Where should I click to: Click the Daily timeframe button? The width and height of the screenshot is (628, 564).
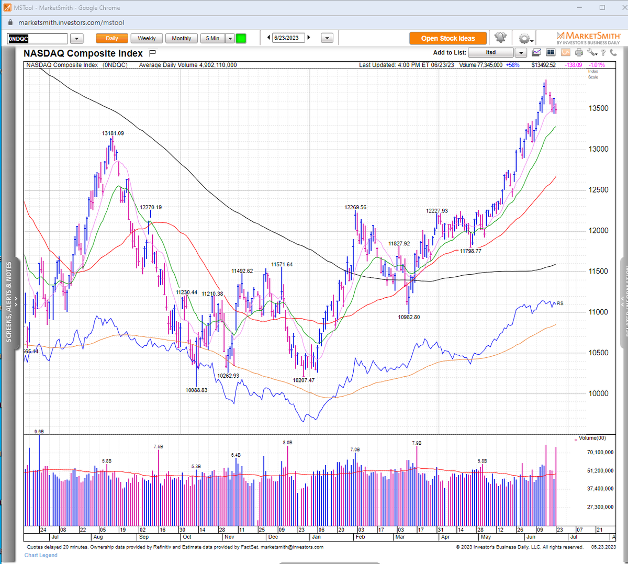click(x=112, y=38)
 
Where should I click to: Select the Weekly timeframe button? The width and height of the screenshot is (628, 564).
click(x=147, y=38)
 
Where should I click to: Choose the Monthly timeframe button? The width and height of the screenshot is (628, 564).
click(x=181, y=38)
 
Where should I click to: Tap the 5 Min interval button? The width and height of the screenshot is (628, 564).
click(x=212, y=38)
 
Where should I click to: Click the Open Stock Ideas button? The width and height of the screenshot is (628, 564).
click(x=448, y=38)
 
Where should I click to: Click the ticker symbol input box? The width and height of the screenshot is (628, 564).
click(x=37, y=39)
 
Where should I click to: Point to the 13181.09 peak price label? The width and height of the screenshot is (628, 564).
click(x=113, y=133)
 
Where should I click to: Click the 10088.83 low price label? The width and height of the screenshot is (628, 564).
click(x=196, y=390)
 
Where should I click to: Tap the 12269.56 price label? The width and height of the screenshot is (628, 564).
click(x=355, y=207)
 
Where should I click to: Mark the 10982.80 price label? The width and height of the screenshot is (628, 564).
click(x=409, y=317)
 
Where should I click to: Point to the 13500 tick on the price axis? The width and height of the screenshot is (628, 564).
click(x=598, y=108)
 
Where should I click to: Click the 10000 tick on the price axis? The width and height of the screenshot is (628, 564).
click(x=598, y=393)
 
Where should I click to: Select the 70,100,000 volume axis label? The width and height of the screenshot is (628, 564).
click(x=600, y=452)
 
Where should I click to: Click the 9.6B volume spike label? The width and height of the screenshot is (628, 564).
click(x=39, y=432)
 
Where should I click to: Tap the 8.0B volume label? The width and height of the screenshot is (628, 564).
click(x=287, y=443)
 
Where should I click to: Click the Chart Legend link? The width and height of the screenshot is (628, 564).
click(x=41, y=555)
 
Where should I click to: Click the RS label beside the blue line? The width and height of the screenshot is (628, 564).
click(x=560, y=303)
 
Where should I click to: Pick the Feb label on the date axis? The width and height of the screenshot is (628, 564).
click(x=360, y=537)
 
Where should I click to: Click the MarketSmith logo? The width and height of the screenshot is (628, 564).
click(x=588, y=38)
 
